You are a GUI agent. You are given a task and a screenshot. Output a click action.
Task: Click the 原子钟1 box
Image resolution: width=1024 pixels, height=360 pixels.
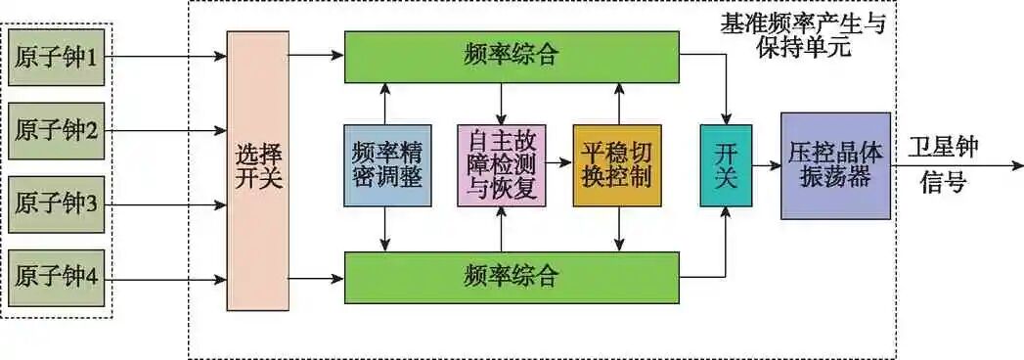pos(56,57)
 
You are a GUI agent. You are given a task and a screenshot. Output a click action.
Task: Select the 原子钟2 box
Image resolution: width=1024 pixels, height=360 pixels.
pos(56,130)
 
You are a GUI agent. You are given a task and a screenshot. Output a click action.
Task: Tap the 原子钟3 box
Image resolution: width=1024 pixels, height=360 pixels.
pos(56,203)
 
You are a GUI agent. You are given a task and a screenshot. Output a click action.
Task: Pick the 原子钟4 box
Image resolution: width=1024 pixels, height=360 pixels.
pos(56,277)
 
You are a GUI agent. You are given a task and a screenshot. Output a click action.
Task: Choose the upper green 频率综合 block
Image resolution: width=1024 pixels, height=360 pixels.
pos(511,56)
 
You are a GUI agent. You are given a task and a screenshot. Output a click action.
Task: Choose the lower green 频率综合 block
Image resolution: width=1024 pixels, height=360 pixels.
pos(511,277)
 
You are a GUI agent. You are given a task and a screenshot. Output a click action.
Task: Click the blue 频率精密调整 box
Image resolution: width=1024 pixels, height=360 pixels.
pos(388,165)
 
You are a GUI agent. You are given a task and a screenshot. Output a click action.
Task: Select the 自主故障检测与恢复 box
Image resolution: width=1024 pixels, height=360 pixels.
pos(502,165)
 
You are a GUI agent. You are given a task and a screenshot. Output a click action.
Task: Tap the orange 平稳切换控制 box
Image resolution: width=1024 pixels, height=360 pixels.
pos(617,165)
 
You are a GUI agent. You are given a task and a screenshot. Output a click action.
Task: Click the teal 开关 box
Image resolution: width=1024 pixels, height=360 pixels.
pos(726,165)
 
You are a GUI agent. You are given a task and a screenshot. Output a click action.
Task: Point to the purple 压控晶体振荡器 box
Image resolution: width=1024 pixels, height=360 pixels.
pos(835,165)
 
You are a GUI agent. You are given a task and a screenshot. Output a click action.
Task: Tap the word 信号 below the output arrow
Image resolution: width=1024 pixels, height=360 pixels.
pos(943,184)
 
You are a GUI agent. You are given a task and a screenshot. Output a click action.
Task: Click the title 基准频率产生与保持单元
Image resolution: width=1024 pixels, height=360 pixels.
pos(802,35)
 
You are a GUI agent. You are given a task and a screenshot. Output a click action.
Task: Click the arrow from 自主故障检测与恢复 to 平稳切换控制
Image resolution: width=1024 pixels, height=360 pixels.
pos(558,166)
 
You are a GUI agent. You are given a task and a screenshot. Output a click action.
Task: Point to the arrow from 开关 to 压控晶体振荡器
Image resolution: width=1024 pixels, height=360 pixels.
pos(766,166)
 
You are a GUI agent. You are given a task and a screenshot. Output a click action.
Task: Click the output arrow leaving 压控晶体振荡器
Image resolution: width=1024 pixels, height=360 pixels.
pos(949,166)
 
